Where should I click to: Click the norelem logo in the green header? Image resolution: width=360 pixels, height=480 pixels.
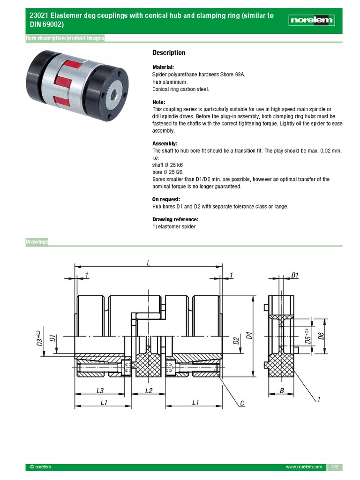[x=311, y=20]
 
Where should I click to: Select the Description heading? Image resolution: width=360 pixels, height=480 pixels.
[x=169, y=53]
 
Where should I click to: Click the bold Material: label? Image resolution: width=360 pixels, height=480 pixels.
[x=163, y=67]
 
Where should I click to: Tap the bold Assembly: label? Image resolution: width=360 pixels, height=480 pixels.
[x=165, y=143]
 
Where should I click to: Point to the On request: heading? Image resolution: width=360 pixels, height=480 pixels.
[x=166, y=199]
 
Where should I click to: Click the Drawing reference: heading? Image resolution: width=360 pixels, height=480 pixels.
[x=175, y=219]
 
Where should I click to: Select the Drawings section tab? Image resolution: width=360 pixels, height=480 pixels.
[x=37, y=242]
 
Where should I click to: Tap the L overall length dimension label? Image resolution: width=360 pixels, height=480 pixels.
[x=148, y=263]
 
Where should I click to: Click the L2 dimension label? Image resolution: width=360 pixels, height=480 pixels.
[x=149, y=390]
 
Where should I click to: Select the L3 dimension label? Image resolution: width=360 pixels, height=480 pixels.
[x=100, y=390]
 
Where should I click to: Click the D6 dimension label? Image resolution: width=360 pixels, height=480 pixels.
[x=321, y=336]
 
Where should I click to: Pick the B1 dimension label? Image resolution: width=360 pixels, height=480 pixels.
[x=295, y=276]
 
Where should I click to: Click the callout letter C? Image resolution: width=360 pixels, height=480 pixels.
[x=242, y=403]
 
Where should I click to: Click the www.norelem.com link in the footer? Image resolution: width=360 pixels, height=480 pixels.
[x=304, y=467]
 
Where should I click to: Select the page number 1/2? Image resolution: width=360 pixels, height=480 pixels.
[x=335, y=467]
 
